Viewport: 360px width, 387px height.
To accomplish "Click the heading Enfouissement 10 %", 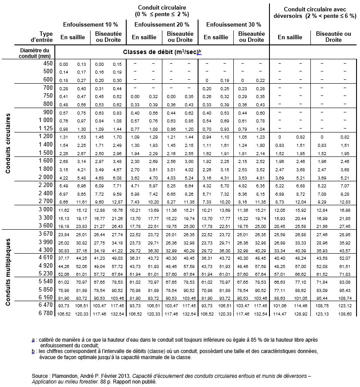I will coord(90,24).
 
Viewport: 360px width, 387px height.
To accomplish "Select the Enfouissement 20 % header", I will coord(161,24).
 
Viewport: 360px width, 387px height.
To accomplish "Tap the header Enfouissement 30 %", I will coord(233,24).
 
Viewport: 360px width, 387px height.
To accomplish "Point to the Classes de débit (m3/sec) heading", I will coord(162,52).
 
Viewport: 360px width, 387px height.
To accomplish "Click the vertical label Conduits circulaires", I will coord(8,144).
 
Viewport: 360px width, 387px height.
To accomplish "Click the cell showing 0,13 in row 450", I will coord(81,64).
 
